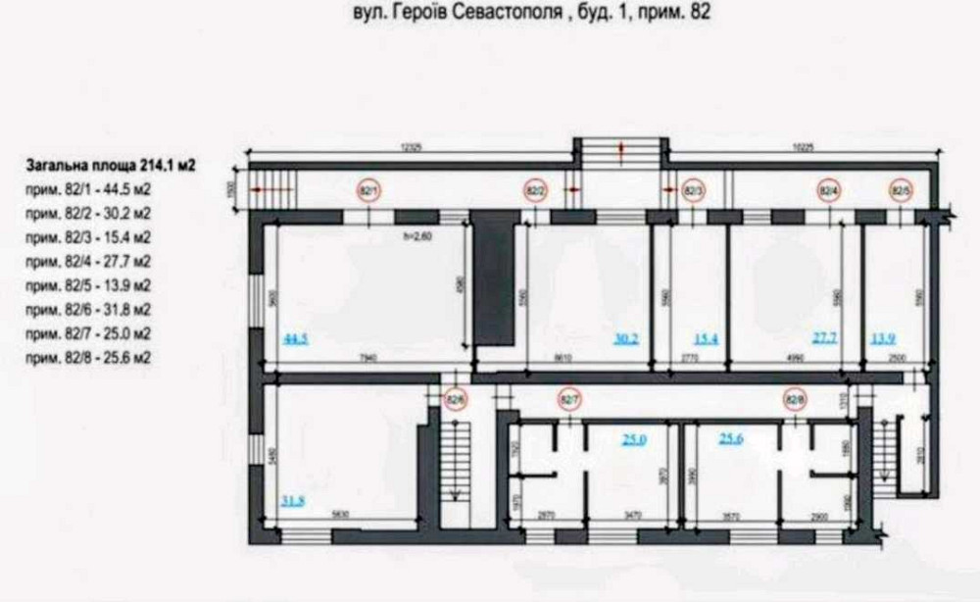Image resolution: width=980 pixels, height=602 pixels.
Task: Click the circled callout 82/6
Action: (x=454, y=399)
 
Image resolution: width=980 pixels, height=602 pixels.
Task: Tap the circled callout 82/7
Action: (x=569, y=399)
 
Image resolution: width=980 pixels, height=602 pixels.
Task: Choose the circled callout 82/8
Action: (x=796, y=399)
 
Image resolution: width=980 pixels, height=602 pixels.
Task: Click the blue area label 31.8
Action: (x=292, y=502)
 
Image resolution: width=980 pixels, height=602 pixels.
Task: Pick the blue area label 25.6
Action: (x=731, y=438)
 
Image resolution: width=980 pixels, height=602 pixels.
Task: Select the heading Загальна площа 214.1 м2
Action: (x=99, y=167)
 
